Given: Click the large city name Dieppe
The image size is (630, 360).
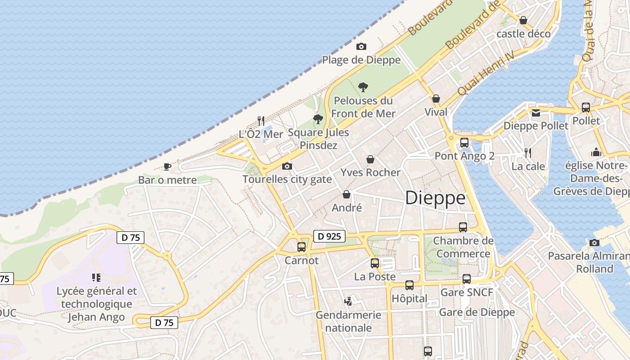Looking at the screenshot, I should coord(435,198).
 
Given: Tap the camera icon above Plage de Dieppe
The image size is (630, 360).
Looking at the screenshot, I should coord(361,47).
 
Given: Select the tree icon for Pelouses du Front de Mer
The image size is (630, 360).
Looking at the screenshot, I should coord(363,87).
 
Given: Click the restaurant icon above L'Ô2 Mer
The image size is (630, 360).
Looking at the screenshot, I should coord(261,121).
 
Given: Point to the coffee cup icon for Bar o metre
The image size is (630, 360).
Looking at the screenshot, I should coord(167,167).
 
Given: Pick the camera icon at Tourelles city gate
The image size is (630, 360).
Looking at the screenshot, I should coord(287,166).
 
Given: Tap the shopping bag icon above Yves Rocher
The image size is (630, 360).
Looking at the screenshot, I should coord(370,159).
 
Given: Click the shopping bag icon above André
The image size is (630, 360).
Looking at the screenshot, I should coord(346,194).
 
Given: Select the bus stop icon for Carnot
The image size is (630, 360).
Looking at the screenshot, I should coord(301,247).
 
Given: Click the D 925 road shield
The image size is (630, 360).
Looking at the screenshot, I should coord(329,236).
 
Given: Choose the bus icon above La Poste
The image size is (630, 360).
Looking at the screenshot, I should coord(374,263).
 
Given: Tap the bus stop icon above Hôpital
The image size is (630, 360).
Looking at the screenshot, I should coord(409,285).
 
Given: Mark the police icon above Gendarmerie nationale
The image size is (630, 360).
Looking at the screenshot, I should coord(348,301).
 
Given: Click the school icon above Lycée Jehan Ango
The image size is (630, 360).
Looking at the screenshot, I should coord(96,278).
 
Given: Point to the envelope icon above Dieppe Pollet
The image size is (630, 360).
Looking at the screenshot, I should coord(535,112).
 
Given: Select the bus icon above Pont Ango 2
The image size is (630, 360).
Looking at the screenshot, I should coord(464,143).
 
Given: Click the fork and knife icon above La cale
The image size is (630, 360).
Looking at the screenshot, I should coord(528,153).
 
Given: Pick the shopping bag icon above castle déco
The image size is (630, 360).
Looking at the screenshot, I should coord(523,20).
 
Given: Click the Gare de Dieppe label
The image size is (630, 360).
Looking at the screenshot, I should coord(477,312).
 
